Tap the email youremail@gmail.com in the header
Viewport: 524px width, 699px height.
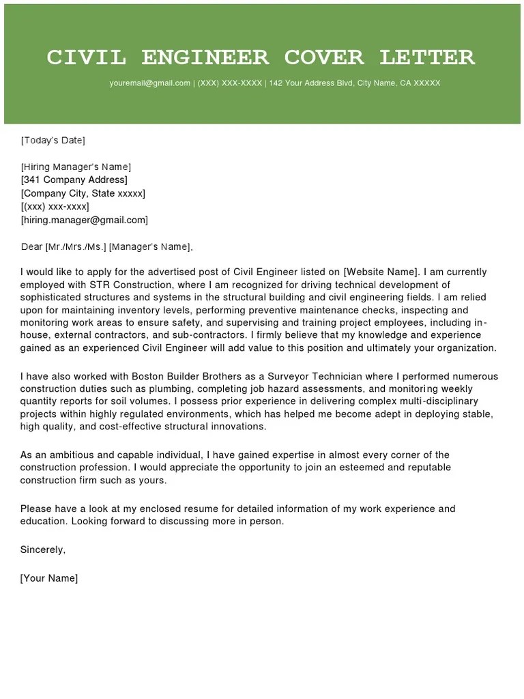point(149,83)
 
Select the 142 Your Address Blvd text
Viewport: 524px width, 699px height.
point(310,83)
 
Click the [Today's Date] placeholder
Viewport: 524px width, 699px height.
point(53,140)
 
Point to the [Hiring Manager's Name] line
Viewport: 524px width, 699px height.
point(76,167)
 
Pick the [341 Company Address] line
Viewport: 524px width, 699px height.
point(74,180)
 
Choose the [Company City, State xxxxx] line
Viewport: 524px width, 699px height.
point(83,193)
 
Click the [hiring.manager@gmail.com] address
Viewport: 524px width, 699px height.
point(84,220)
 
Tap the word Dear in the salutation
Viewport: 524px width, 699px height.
point(31,246)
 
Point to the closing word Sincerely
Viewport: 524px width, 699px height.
point(42,550)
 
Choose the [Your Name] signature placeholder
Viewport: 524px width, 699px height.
point(49,578)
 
